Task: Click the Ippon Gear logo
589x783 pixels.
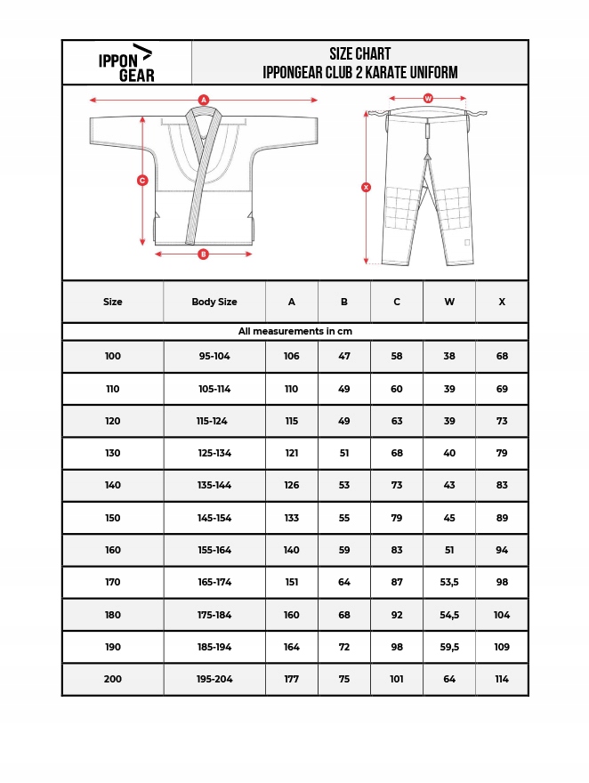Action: [125, 62]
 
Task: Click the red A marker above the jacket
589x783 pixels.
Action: [204, 101]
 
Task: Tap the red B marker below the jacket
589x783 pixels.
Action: [203, 254]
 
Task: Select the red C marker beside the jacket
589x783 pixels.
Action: [142, 181]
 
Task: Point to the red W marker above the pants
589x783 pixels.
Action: [428, 98]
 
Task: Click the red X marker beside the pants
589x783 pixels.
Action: [366, 187]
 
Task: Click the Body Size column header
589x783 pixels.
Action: [214, 302]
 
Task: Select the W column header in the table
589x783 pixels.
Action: [449, 302]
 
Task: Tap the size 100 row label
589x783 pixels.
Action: [113, 356]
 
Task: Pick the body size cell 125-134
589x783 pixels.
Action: [214, 453]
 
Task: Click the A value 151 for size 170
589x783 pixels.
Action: [292, 582]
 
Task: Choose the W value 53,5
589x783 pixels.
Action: [449, 582]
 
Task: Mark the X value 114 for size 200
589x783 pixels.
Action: [502, 679]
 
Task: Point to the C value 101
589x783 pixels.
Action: [397, 679]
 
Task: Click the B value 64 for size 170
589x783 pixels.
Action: [344, 582]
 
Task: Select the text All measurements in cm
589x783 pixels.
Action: [294, 331]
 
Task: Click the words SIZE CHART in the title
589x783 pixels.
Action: [359, 54]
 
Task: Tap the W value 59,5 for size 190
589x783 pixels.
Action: [449, 647]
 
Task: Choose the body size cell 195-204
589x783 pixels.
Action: [214, 679]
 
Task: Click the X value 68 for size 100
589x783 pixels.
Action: [502, 356]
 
